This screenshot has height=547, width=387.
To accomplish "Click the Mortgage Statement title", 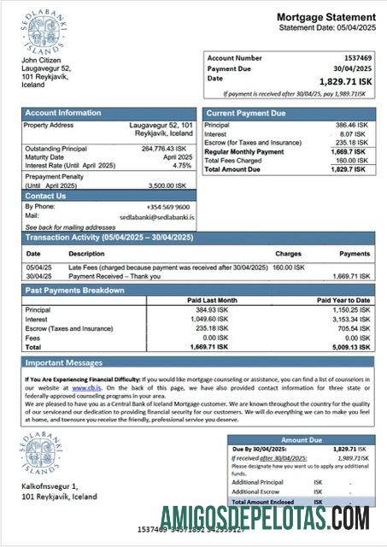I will click(x=325, y=17).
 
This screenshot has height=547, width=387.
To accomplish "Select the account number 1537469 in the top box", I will click(x=355, y=58).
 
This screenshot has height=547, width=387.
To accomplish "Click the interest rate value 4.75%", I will click(x=182, y=166).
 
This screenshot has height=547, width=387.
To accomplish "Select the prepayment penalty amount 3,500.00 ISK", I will click(x=170, y=185).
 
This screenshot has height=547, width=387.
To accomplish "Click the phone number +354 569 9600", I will click(x=168, y=208).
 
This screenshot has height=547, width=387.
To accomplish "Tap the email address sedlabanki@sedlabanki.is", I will click(x=157, y=218).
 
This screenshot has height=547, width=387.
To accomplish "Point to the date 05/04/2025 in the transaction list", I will click(x=39, y=268).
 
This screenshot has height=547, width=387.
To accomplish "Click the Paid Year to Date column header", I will click(x=343, y=301).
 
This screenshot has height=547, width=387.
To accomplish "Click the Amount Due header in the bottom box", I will click(x=302, y=439).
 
